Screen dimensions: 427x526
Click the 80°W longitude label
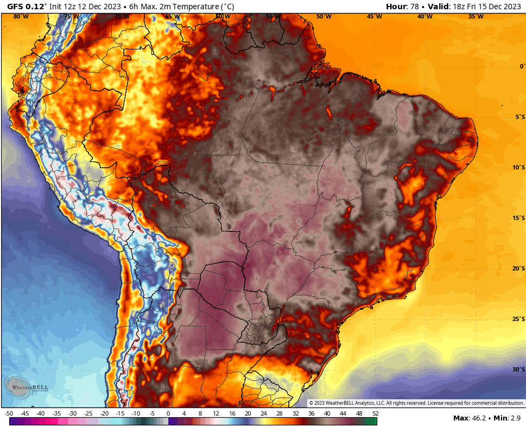21,16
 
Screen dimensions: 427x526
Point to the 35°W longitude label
476,16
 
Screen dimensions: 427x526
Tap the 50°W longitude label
324,16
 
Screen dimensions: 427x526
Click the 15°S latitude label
518,218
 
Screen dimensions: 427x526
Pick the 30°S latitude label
518,369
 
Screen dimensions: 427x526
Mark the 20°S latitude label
518,268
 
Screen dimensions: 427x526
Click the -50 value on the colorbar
9,414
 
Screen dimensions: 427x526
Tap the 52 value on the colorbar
375,414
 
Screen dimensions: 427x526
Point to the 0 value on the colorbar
168,414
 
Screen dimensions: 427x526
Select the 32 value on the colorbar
295,414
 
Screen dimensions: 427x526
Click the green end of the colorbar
371,421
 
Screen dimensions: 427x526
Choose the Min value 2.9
515,418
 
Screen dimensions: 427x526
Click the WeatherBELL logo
26,387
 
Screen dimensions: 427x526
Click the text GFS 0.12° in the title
27,7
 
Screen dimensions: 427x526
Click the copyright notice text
416,403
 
